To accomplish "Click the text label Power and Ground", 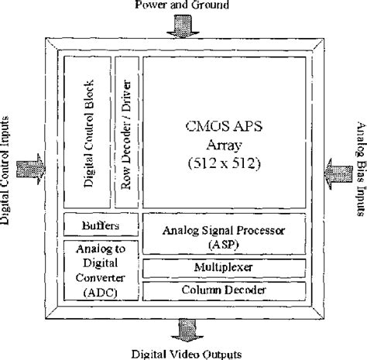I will [x=183, y=6].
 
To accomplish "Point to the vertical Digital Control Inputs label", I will [x=7, y=168].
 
